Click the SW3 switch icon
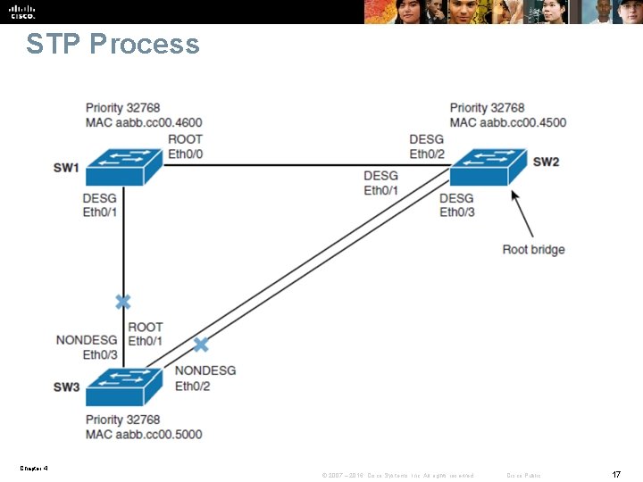(122, 385)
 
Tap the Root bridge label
(533, 250)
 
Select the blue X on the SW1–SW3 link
(123, 302)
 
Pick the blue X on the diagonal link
(201, 344)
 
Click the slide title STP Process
(113, 44)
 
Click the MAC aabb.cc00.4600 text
(144, 122)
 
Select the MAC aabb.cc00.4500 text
(507, 122)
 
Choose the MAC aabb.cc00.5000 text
(144, 435)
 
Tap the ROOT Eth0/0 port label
(185, 146)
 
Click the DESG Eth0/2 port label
(426, 146)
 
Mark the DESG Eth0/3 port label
(457, 205)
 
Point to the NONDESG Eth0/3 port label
(87, 347)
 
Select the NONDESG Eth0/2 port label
(205, 378)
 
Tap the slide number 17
(615, 474)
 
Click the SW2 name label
(546, 162)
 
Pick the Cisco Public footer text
(524, 475)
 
